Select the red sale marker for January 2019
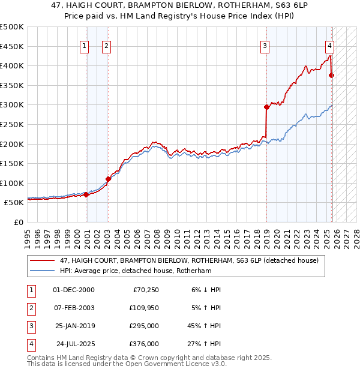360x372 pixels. [266, 107]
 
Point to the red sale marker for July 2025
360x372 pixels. [331, 75]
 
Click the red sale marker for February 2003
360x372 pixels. [108, 179]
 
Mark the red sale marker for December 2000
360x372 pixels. [86, 194]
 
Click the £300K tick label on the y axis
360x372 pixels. [12, 105]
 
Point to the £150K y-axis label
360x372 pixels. [12, 163]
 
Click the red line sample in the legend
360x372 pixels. [42, 260]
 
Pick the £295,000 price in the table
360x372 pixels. [145, 326]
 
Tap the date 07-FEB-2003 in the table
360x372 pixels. [74, 308]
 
